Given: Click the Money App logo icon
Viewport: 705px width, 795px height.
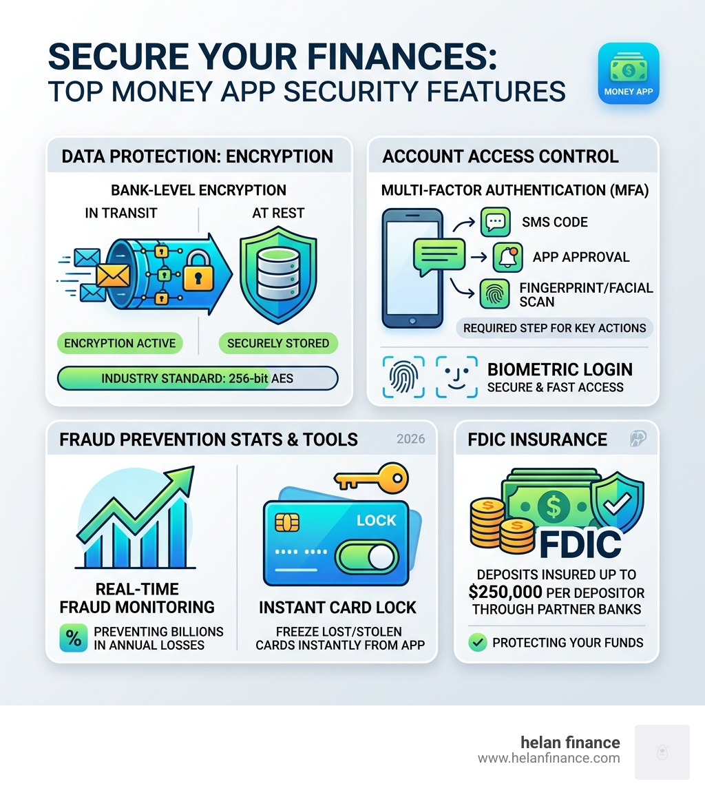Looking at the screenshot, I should click(x=629, y=74).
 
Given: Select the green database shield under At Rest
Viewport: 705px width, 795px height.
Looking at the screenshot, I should click(x=277, y=269).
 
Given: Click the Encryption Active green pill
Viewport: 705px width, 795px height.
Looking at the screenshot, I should click(x=120, y=342).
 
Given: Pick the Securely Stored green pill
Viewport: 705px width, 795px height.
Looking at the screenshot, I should click(x=278, y=342).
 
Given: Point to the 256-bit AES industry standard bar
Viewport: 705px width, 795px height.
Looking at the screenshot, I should click(x=198, y=378).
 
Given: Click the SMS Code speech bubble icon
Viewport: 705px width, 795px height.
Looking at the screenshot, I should click(x=496, y=223).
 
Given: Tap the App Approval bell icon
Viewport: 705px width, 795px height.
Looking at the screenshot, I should click(x=508, y=257).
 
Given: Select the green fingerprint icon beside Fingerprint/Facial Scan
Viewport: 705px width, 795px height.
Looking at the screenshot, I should click(x=496, y=293).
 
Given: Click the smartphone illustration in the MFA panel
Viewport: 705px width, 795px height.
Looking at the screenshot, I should click(x=412, y=269).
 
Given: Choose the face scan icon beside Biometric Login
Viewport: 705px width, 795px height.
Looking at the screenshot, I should click(x=456, y=377).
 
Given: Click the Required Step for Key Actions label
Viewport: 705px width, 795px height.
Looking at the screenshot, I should click(x=554, y=327).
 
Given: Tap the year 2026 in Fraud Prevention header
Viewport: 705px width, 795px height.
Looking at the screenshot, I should click(x=411, y=439).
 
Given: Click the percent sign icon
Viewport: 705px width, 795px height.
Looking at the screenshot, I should click(x=74, y=637).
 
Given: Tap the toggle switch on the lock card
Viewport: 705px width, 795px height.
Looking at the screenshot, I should click(x=366, y=557).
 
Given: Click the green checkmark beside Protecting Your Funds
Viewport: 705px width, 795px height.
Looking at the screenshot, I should click(x=477, y=643).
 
